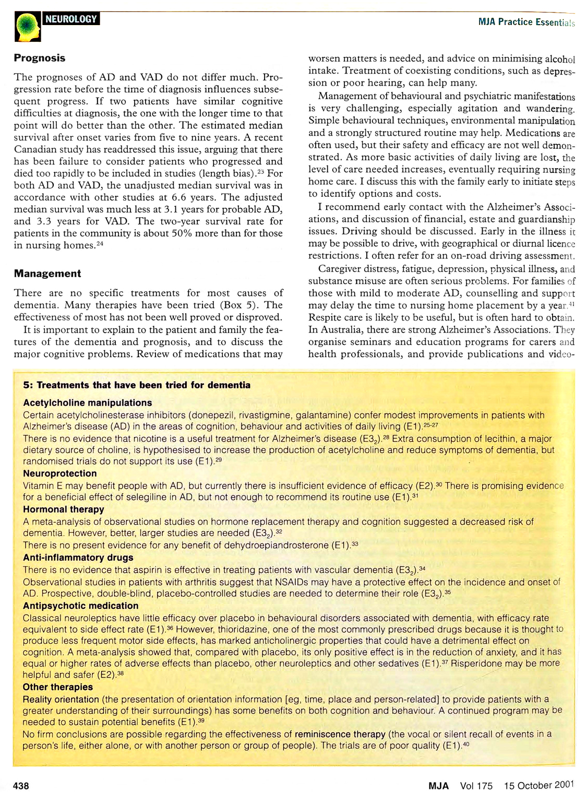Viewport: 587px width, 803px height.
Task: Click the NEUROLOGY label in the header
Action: click(71, 19)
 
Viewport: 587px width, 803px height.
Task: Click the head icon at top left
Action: click(27, 27)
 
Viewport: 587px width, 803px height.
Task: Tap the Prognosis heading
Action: click(40, 58)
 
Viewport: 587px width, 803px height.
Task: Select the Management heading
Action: click(47, 274)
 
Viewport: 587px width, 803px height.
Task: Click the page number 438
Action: click(21, 786)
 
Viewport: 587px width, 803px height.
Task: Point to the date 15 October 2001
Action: click(539, 785)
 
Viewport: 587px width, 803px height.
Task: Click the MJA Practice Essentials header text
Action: click(526, 22)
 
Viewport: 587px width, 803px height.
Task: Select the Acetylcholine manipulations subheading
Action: click(88, 403)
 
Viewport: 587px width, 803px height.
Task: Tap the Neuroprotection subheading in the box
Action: click(60, 474)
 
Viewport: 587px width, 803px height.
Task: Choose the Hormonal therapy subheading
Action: click(64, 509)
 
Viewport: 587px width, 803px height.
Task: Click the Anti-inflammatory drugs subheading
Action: click(78, 558)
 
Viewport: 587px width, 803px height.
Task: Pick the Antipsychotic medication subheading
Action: click(81, 606)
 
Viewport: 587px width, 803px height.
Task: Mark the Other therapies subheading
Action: click(58, 687)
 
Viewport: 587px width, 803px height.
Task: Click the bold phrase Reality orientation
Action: click(61, 699)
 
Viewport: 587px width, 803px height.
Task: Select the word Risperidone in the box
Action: click(478, 663)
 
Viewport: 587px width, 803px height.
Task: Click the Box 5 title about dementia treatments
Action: click(137, 385)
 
